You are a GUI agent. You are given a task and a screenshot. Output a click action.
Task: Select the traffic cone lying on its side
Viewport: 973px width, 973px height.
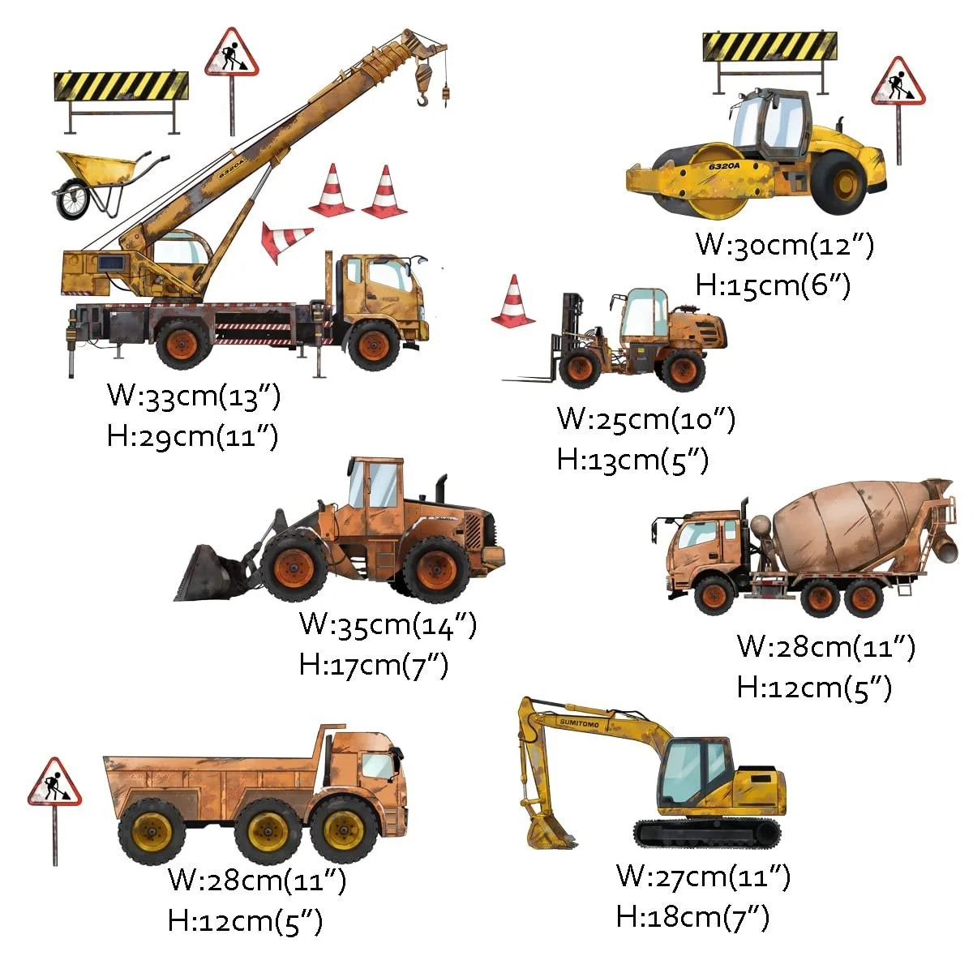[x=284, y=241]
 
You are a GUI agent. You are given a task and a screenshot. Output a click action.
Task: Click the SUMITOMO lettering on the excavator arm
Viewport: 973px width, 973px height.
[x=579, y=723]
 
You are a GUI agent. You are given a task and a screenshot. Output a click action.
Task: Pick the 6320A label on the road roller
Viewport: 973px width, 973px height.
[x=724, y=166]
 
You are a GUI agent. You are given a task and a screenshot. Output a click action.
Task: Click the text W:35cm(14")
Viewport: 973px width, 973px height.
[x=388, y=624]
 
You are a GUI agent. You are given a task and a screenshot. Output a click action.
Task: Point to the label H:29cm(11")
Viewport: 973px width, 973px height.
[x=192, y=436]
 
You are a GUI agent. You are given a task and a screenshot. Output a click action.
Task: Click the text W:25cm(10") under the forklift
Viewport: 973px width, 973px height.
[x=645, y=419]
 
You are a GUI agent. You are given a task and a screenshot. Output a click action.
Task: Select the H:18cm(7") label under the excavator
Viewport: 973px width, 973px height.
[x=692, y=916]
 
